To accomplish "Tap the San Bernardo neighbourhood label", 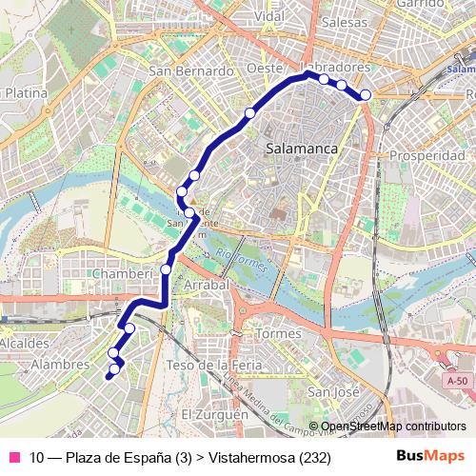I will pos(191,71).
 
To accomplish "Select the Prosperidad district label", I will pos(426,154).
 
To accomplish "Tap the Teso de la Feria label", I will pos(207,366).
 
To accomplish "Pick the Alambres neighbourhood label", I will pos(60,365).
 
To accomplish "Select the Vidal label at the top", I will pos(270,16).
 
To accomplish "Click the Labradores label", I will pos(334,68).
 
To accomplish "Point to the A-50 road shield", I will pos(457,381).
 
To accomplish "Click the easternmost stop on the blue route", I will pos(365,93).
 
